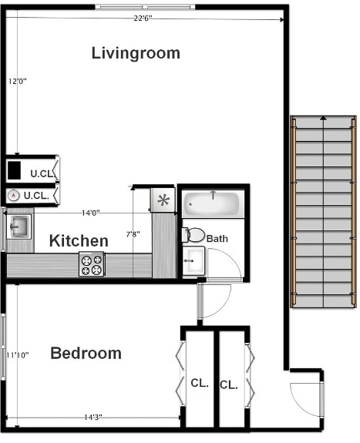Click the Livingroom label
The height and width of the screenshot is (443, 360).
[x=136, y=53]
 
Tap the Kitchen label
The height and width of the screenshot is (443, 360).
[x=79, y=241]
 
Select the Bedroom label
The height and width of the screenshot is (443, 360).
[x=86, y=354]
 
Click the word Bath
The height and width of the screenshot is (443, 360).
[x=217, y=239]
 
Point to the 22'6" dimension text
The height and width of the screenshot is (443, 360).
[x=143, y=18]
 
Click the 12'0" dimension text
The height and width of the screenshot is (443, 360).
[x=17, y=80]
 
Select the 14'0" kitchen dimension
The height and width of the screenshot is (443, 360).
[x=90, y=213]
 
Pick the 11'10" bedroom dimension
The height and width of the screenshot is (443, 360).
[x=17, y=355]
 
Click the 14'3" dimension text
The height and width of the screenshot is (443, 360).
[x=93, y=417]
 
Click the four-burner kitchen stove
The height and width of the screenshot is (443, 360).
[x=91, y=265]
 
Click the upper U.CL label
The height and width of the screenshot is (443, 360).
[x=42, y=173]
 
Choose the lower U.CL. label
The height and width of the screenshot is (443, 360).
[x=36, y=196]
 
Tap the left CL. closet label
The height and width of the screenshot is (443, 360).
[x=199, y=383]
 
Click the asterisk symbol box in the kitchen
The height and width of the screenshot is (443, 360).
[x=163, y=201]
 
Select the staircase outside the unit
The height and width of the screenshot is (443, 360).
[x=323, y=211]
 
